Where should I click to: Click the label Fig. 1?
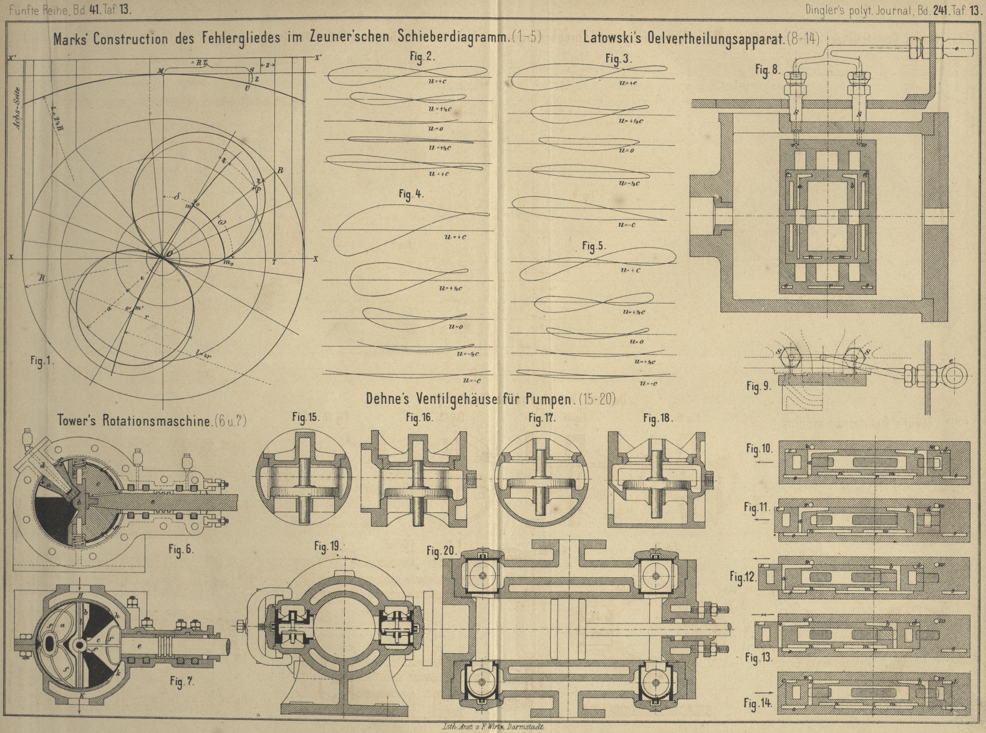(x=42, y=361)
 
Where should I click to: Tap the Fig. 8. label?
(x=767, y=70)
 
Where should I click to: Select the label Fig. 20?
(x=442, y=551)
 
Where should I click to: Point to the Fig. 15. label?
(x=306, y=417)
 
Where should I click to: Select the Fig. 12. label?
(x=743, y=577)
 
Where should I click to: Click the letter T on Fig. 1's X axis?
(x=274, y=262)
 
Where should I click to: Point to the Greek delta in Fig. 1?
(x=177, y=196)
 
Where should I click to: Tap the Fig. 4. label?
(x=411, y=194)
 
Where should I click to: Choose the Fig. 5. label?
(x=594, y=246)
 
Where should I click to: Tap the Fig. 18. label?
(x=658, y=418)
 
